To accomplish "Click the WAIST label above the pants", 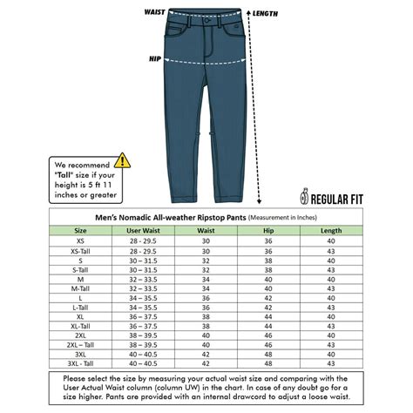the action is (155, 12).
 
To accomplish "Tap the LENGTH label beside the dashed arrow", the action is (265, 14).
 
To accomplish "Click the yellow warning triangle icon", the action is (123, 160).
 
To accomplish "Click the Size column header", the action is (81, 231).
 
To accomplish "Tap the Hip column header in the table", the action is (269, 231).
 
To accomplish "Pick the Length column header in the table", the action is (331, 231).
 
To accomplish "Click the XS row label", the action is (81, 240).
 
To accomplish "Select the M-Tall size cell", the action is (81, 288).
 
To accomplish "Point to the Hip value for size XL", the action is (269, 317).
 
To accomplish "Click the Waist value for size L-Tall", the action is (206, 308).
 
